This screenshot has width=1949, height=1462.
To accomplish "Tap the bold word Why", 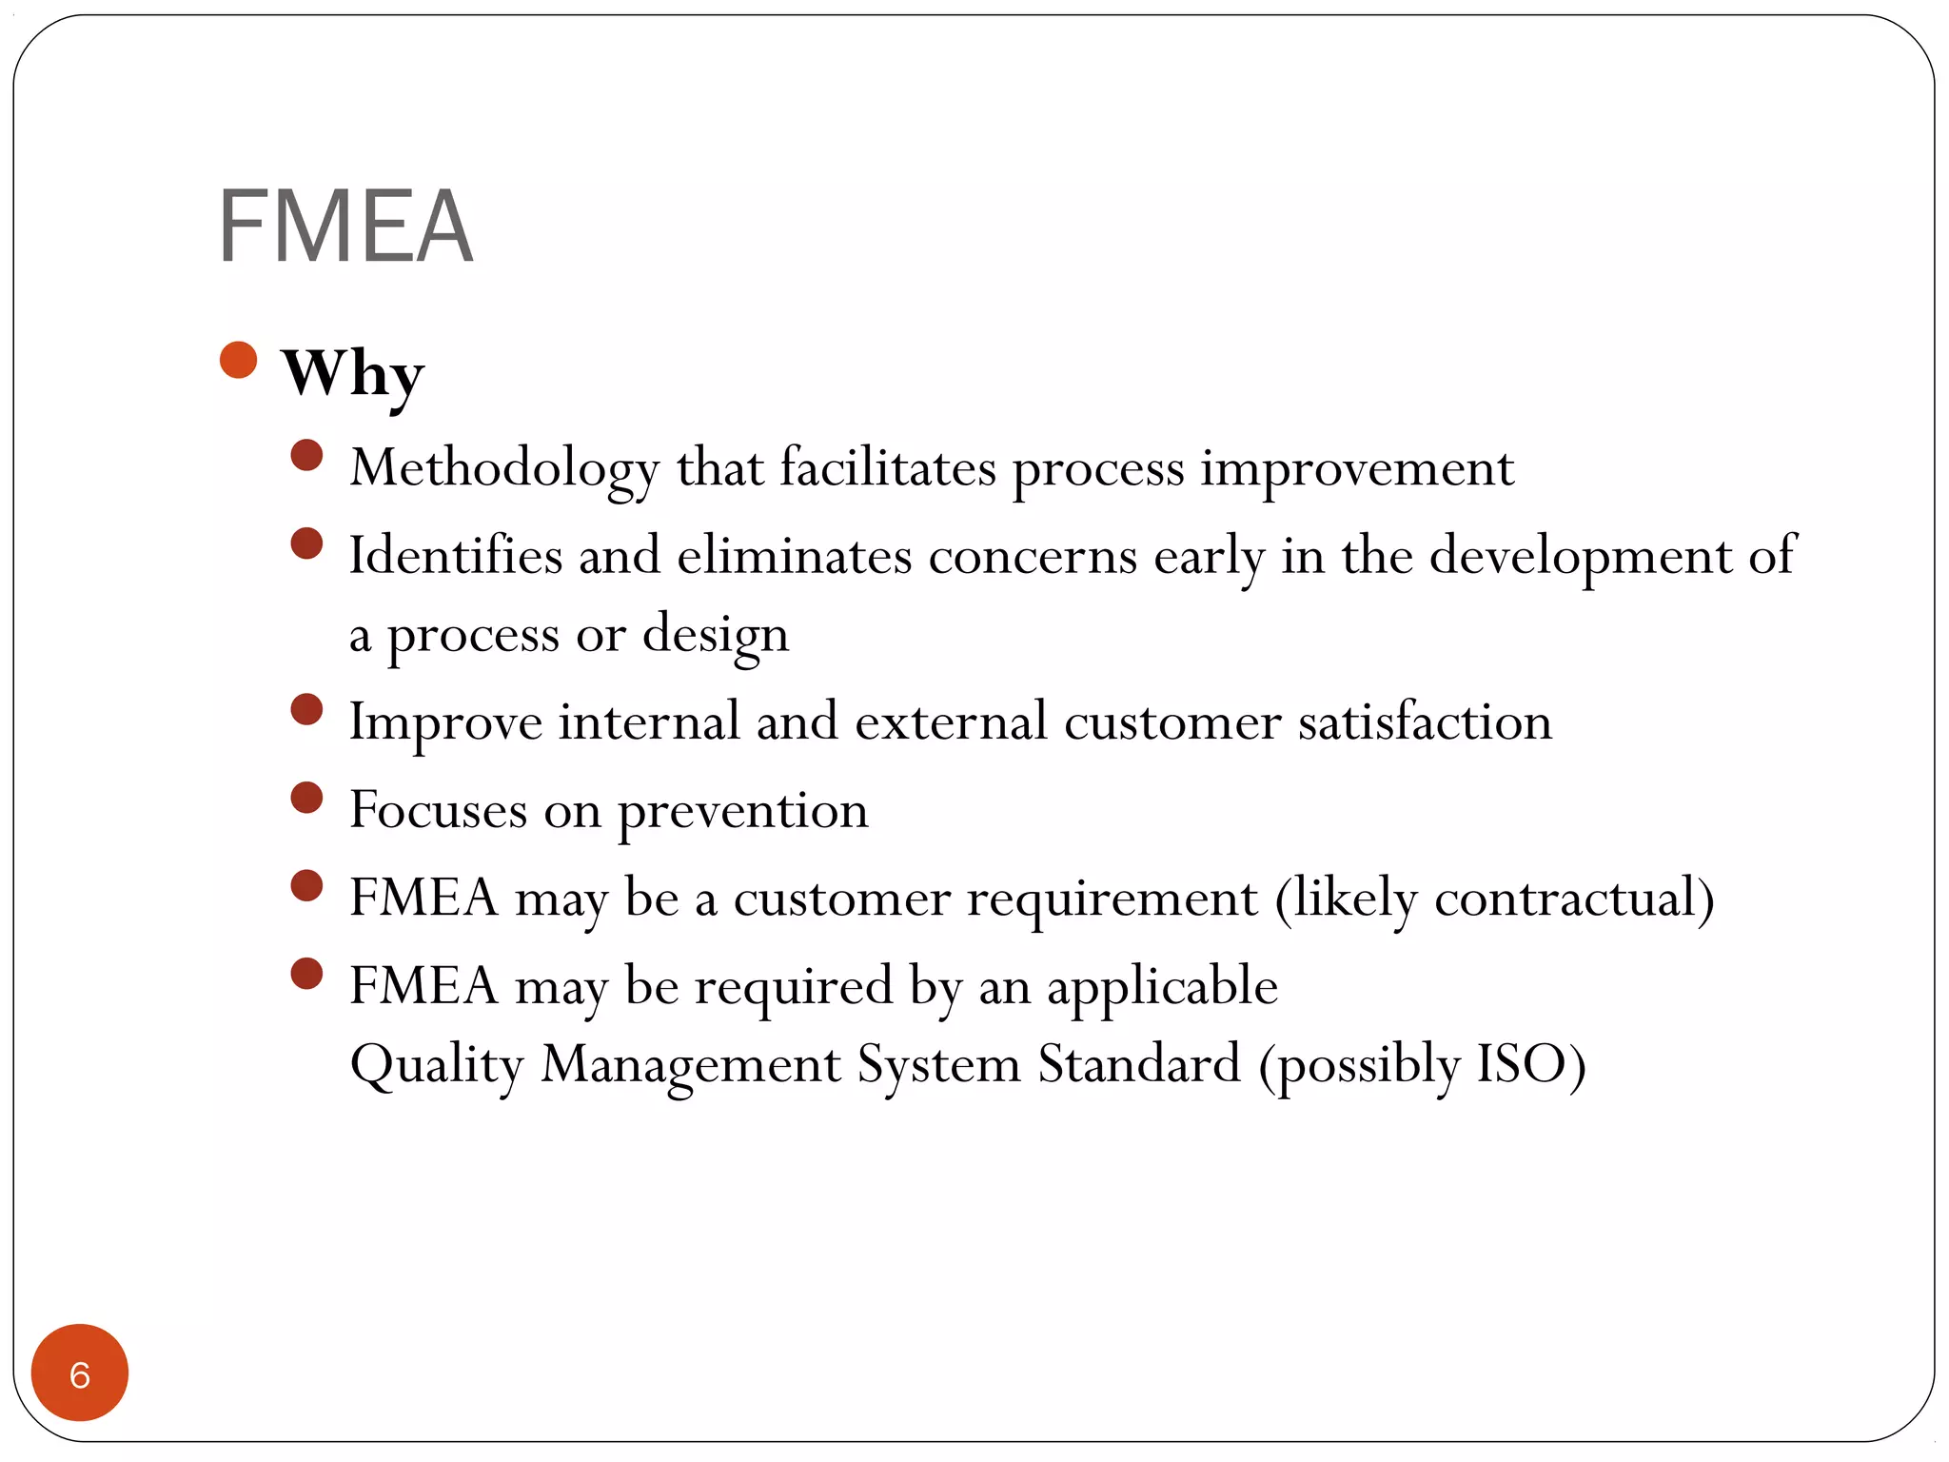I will tap(352, 373).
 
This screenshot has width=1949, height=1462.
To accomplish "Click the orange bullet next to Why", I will tap(238, 360).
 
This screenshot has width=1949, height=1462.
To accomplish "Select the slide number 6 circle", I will tap(80, 1373).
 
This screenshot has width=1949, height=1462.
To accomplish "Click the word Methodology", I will tap(503, 468).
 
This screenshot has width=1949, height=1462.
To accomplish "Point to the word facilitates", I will tap(888, 468).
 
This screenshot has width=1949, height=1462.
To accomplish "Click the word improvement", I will tap(1356, 468).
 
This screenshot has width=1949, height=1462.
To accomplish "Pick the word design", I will tap(716, 635).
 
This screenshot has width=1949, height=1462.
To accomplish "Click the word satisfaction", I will tap(1425, 721).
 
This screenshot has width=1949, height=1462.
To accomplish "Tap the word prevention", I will tap(742, 811).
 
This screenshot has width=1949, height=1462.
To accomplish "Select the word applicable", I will tap(1162, 986).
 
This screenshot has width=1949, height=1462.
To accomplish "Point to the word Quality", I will tap(437, 1065).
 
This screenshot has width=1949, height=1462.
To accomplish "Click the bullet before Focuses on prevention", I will tap(306, 798).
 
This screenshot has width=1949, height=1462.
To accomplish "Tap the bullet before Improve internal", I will tap(306, 710).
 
